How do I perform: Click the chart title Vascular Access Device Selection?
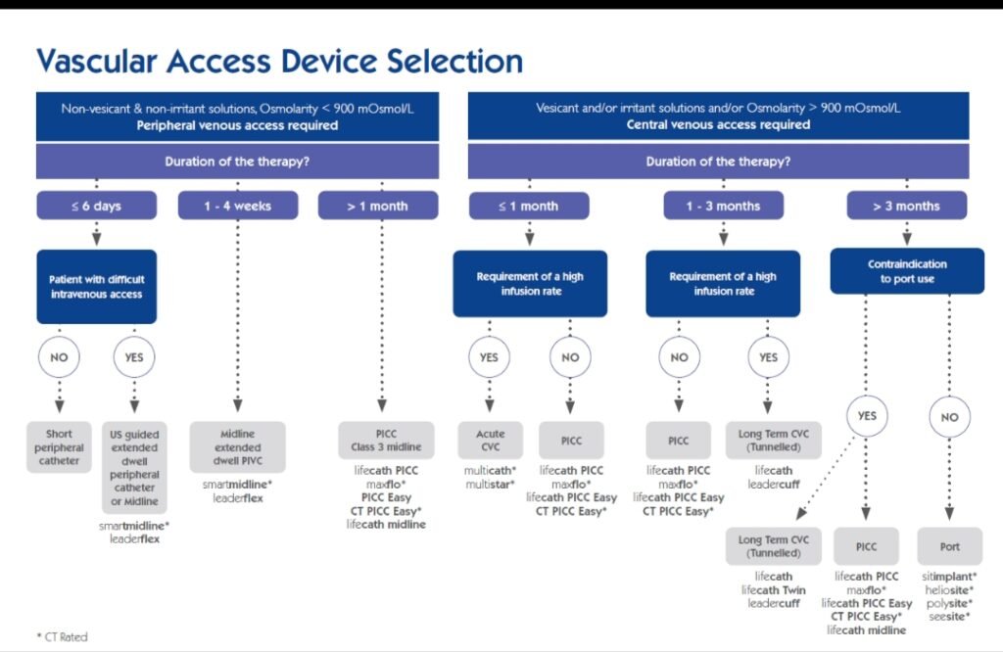tap(279, 62)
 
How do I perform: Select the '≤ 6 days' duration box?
tap(96, 206)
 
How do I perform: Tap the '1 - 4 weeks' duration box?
tap(238, 206)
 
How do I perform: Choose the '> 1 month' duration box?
tap(376, 206)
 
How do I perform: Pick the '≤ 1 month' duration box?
tap(529, 206)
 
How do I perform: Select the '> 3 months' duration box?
tap(906, 206)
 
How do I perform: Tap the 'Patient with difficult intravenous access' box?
tap(96, 287)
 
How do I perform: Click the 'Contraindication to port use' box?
tap(907, 271)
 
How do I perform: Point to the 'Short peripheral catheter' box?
tap(59, 447)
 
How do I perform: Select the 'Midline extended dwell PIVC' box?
tap(238, 447)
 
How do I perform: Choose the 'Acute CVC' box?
tap(490, 441)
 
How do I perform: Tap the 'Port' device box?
tap(949, 546)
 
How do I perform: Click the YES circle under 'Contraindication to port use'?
tap(866, 416)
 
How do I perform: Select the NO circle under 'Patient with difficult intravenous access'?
tap(59, 357)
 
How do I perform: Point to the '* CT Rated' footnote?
tap(62, 636)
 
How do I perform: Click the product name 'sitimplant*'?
tap(949, 577)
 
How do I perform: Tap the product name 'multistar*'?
tap(490, 484)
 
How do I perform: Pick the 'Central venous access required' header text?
tap(718, 125)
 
